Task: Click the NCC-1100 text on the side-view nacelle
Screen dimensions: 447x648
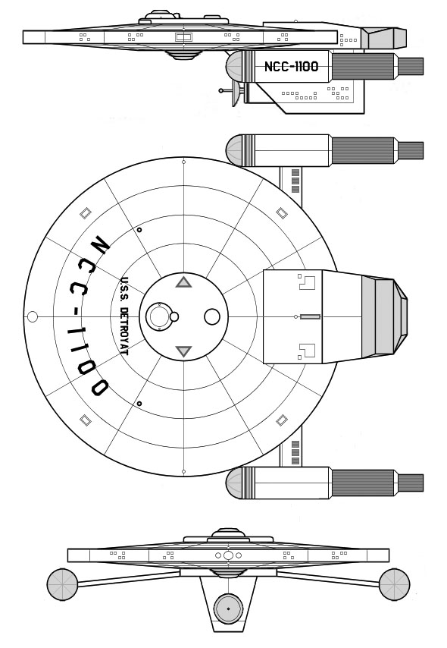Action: (291, 67)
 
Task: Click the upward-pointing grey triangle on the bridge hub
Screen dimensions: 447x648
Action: (183, 282)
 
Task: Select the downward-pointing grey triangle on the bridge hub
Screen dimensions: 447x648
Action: (183, 351)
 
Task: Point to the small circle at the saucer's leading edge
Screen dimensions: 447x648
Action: (32, 317)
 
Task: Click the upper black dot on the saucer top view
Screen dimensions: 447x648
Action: (139, 230)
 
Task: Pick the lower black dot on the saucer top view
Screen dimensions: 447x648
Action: (139, 404)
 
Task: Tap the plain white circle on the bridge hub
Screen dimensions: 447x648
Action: (212, 316)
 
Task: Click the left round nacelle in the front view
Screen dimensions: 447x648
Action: (62, 584)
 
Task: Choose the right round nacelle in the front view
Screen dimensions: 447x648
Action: (394, 584)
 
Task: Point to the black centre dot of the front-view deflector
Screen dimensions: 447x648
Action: (228, 609)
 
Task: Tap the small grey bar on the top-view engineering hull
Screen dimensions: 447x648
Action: (310, 317)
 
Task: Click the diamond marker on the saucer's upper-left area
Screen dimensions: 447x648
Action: (86, 213)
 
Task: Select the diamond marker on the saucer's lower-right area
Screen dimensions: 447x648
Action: (282, 420)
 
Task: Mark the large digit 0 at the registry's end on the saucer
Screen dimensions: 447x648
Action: (99, 387)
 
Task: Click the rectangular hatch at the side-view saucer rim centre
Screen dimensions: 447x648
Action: (183, 37)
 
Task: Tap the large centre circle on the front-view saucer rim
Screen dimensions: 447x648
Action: (228, 555)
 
